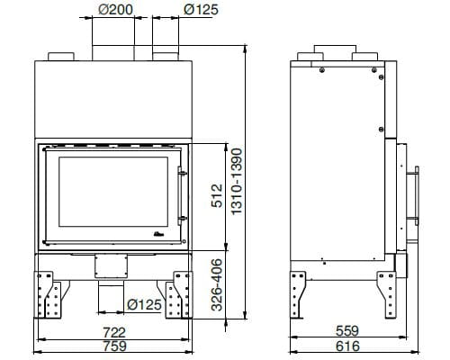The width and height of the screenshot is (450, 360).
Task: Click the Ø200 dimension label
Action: point(115,9)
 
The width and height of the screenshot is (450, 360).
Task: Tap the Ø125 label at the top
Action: point(201,9)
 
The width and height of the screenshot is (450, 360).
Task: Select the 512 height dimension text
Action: point(217,195)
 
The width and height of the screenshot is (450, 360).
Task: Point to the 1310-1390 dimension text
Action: point(237,182)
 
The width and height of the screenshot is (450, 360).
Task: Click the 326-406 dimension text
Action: point(217,285)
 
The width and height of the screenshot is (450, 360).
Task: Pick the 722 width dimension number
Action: point(114,333)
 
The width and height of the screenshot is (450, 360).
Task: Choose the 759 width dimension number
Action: point(115,346)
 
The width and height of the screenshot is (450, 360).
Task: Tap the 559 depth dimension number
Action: point(347,331)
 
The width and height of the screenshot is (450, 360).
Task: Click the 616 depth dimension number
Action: point(347,346)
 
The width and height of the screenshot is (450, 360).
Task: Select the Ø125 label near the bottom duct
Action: point(144,305)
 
